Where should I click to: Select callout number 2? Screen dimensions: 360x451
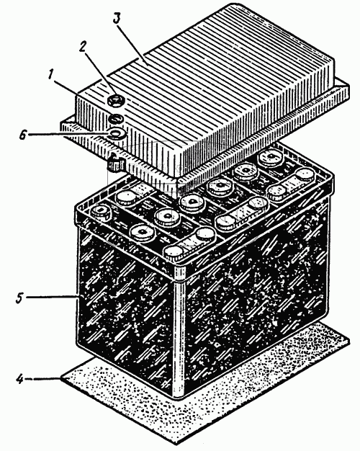click(x=83, y=47)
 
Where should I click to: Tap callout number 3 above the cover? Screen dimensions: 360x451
click(x=116, y=18)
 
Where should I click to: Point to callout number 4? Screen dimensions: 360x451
click(x=19, y=378)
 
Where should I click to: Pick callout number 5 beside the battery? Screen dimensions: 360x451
click(x=19, y=298)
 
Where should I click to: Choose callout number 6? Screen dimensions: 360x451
click(x=23, y=135)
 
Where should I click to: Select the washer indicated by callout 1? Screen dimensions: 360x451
click(x=115, y=118)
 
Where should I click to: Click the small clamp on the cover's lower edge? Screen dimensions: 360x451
click(x=116, y=163)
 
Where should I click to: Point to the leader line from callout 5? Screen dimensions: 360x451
click(x=53, y=297)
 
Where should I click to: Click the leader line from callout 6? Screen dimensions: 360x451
click(x=68, y=134)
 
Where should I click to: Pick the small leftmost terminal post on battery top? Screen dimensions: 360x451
click(x=101, y=212)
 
